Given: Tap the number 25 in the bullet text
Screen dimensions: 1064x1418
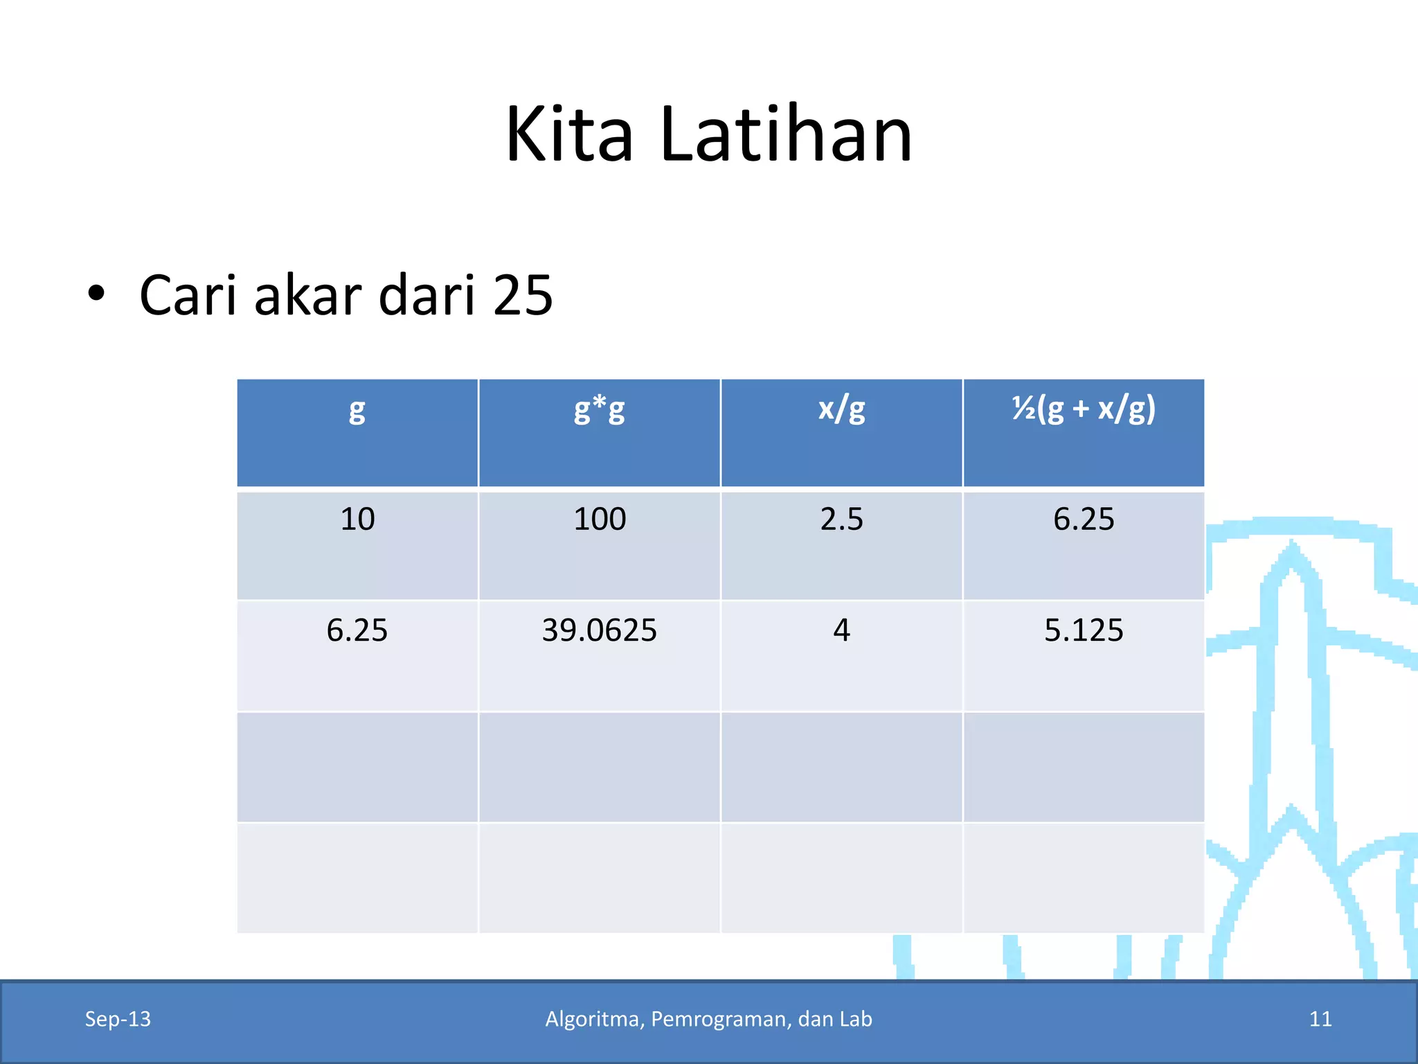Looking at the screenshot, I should [523, 295].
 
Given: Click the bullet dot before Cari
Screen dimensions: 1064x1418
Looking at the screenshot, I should [96, 294].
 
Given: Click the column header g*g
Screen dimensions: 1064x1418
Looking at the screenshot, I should [599, 409].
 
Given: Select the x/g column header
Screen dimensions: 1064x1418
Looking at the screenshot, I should [841, 409].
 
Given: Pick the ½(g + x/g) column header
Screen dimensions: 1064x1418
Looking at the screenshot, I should [1084, 409].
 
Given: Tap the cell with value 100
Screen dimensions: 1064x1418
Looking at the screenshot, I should [600, 520].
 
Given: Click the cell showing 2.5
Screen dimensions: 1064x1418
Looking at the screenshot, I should [841, 520].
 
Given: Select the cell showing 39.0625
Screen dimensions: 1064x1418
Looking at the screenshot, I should [599, 630].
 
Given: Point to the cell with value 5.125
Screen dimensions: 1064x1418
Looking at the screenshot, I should [1084, 630].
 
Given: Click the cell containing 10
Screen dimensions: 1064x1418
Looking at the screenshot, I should [357, 520].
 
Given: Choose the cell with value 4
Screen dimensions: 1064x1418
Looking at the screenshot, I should [841, 630].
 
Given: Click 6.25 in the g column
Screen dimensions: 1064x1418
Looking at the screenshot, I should [357, 630].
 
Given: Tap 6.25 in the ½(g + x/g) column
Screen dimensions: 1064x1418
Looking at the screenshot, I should [1084, 520].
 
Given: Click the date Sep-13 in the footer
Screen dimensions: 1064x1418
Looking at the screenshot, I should [118, 1019].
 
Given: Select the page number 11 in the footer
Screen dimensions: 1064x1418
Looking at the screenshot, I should [1320, 1019].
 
